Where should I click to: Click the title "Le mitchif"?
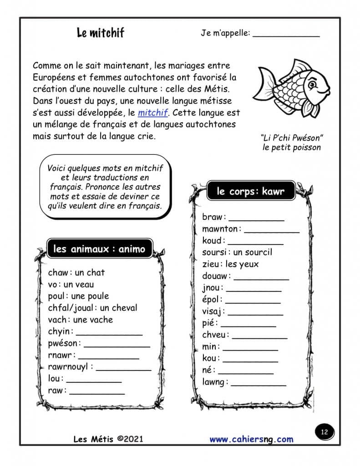click(x=100, y=33)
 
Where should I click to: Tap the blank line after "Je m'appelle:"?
click(x=286, y=34)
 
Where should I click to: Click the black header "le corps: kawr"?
click(x=251, y=192)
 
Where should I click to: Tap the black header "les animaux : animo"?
click(x=99, y=249)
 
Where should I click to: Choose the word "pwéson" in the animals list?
click(x=64, y=343)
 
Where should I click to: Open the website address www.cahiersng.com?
click(x=251, y=439)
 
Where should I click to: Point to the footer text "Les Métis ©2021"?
click(x=108, y=439)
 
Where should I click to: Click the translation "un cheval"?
click(x=118, y=308)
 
